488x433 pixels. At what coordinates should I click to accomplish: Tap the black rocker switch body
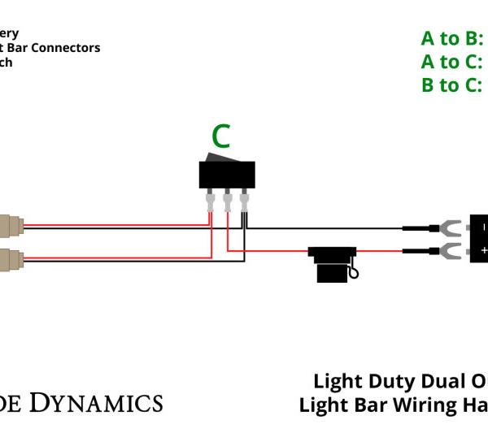click(227, 173)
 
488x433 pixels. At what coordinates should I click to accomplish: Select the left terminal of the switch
click(211, 200)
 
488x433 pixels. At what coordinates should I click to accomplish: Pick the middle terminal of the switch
click(227, 200)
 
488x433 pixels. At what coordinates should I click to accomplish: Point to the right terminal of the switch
click(243, 200)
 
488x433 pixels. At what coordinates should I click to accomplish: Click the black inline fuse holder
click(331, 263)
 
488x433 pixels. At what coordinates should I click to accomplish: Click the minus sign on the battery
click(483, 227)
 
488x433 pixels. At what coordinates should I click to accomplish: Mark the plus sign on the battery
click(483, 251)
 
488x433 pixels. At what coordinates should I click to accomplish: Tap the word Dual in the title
click(444, 382)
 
